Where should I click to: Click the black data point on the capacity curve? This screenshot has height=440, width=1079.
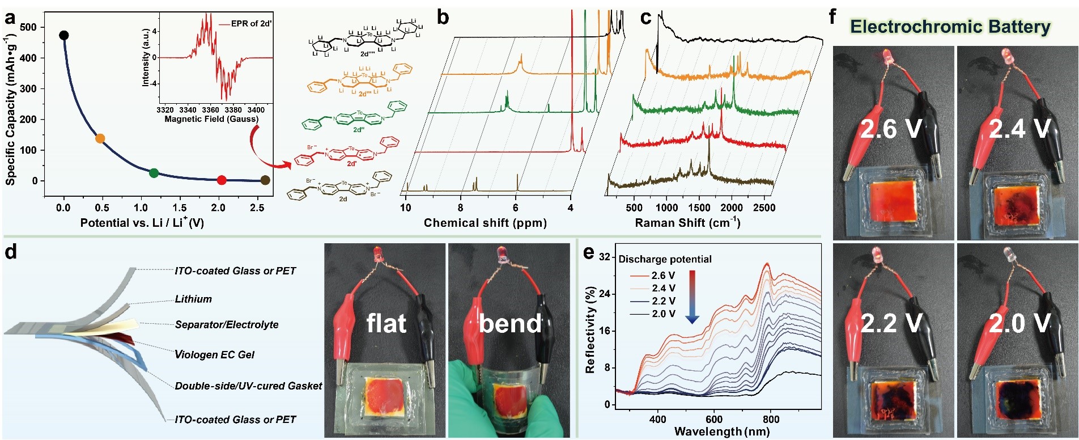(64, 36)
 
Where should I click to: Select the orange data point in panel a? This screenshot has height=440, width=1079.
(100, 138)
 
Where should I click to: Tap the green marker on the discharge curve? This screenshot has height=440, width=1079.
(154, 173)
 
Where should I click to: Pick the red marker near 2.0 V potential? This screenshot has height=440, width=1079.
(222, 180)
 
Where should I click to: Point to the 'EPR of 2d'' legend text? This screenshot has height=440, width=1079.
(251, 24)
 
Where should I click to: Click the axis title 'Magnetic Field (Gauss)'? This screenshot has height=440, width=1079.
(211, 119)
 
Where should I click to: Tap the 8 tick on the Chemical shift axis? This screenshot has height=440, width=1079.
(460, 208)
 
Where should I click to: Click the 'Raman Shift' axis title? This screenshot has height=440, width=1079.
(687, 223)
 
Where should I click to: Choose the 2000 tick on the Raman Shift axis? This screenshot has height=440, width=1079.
(731, 208)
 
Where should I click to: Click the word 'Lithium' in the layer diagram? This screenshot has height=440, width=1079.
(193, 299)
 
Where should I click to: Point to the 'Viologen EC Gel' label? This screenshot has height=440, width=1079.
(214, 354)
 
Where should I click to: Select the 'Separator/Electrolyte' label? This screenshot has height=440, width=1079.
(227, 324)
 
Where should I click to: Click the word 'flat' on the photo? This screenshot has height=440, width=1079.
(386, 324)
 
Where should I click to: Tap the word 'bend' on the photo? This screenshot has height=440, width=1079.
(510, 324)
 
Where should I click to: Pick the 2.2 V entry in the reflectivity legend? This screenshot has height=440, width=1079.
(663, 301)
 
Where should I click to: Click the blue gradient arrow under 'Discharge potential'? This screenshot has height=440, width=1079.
(692, 297)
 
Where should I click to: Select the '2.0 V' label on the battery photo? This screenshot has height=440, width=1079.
(1019, 324)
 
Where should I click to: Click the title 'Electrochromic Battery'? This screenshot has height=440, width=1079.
(950, 27)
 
